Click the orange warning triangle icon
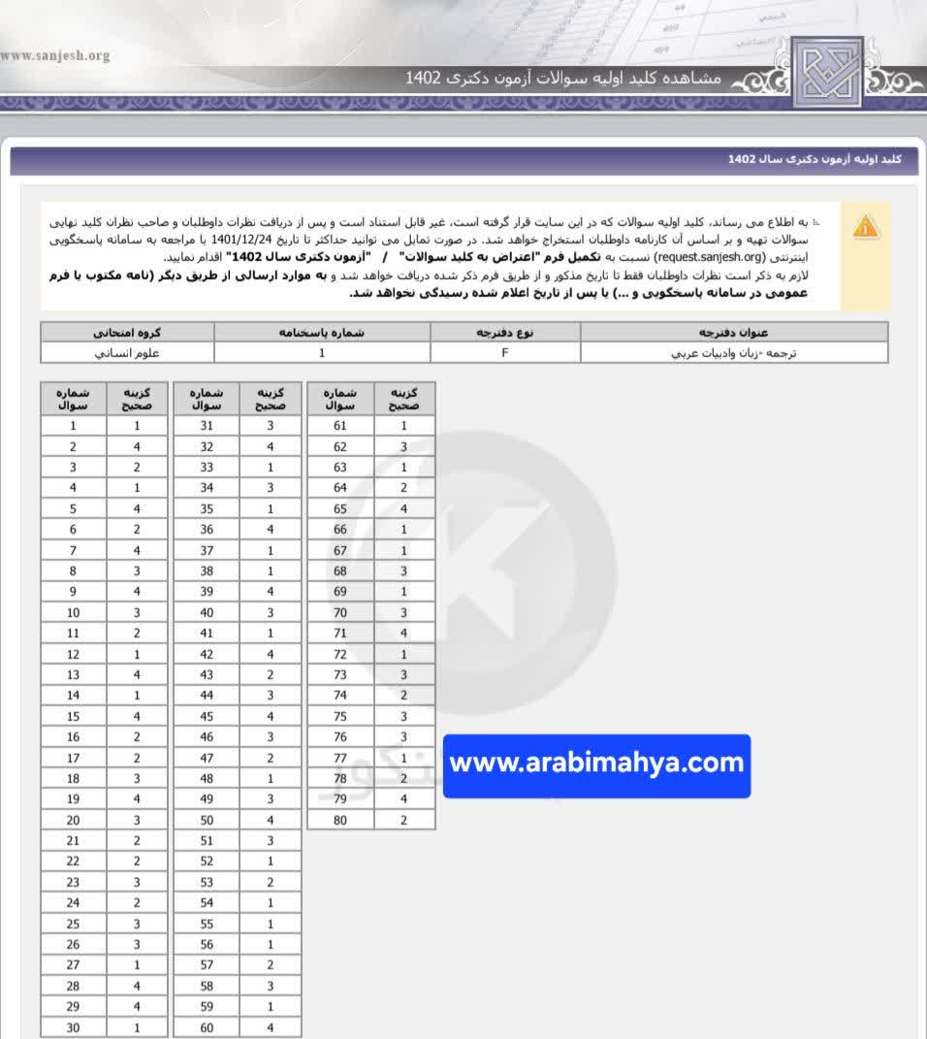[866, 228]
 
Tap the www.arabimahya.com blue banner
[596, 764]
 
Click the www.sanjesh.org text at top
[55, 55]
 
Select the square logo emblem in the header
[826, 72]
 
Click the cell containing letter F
[505, 352]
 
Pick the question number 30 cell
[74, 1028]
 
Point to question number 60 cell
[207, 1028]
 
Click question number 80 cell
[340, 820]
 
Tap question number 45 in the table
[207, 717]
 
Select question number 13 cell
[74, 675]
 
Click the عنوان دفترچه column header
[734, 332]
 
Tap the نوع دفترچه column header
[505, 332]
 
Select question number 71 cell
[340, 633]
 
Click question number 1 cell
[74, 426]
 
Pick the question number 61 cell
[340, 426]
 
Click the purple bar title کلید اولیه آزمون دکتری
[815, 158]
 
